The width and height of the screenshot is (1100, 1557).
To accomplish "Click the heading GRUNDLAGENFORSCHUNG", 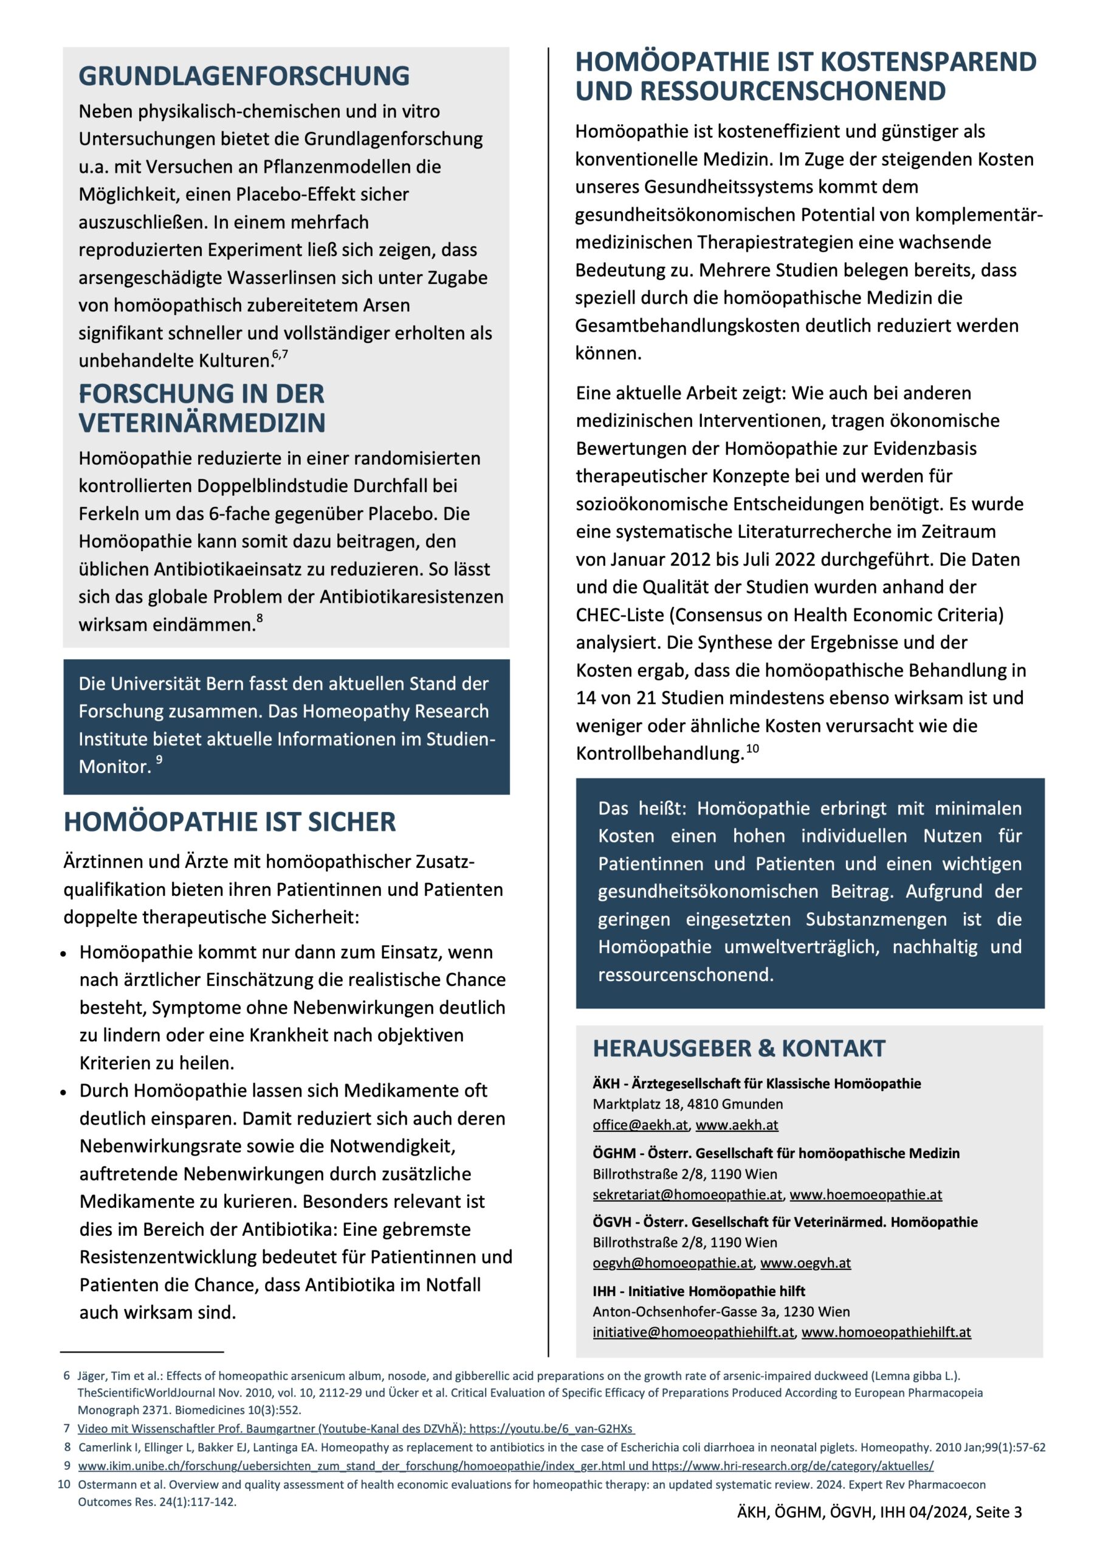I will pos(244,75).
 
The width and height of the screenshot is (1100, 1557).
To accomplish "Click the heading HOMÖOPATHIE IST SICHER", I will pos(229,821).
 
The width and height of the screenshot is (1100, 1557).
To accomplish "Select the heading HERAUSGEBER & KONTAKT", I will pos(739,1049).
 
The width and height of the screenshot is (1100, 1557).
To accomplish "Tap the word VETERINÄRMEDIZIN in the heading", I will pos(202,423).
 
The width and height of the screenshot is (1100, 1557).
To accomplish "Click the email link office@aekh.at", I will pos(641,1125).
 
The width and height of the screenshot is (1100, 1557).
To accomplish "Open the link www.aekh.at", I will pos(737,1125).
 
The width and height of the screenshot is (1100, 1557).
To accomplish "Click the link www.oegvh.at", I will pos(805,1263).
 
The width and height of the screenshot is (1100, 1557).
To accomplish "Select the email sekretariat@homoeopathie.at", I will pos(687,1194).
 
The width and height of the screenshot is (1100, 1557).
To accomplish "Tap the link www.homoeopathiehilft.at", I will pos(886,1332).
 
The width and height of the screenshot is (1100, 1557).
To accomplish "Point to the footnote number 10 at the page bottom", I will pos(64,1485).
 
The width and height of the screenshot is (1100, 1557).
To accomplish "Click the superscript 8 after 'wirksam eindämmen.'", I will pos(260,618).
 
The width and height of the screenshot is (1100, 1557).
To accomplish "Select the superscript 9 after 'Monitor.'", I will pos(159,760).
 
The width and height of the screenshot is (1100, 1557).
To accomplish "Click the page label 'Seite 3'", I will pos(999,1511).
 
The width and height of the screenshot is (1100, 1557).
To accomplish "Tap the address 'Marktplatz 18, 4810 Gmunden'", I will pos(687,1104).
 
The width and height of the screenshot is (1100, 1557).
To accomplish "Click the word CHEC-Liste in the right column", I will pos(620,614).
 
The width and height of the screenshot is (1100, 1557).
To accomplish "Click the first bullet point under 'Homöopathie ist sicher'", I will pos(63,954).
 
